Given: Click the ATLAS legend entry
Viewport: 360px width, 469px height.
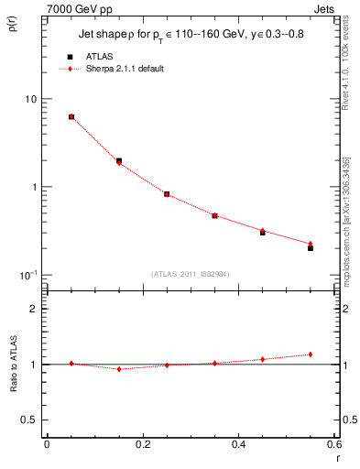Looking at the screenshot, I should click(x=100, y=56).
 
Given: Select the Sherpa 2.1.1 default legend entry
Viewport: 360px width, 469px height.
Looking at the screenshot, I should click(x=125, y=69).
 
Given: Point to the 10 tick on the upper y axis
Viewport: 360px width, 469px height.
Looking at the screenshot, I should click(x=28, y=99).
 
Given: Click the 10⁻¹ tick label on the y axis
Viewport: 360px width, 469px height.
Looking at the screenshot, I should click(x=27, y=274).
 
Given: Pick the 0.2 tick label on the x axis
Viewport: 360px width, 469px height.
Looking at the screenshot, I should click(x=142, y=444).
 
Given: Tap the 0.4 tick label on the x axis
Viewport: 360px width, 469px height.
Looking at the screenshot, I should click(x=238, y=444).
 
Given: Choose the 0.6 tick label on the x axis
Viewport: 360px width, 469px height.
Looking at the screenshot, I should click(x=333, y=444).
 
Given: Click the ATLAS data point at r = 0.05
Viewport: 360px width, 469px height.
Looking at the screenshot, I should click(x=71, y=117).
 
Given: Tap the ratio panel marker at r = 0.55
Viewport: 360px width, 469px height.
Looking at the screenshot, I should click(x=311, y=354).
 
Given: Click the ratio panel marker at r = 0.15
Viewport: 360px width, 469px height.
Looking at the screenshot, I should click(x=119, y=369).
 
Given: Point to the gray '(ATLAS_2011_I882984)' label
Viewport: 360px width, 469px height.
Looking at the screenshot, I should click(x=190, y=274).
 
